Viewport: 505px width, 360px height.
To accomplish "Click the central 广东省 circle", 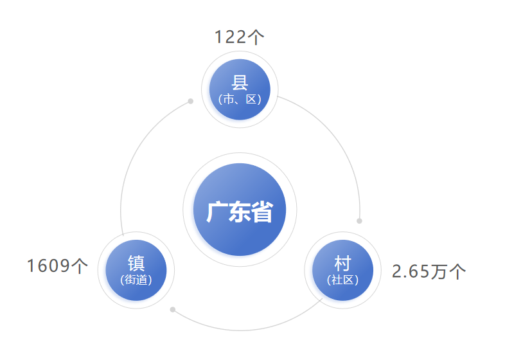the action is [x=240, y=210].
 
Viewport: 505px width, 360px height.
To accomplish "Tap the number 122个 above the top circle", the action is [x=239, y=37].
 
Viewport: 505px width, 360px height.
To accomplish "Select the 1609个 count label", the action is [x=57, y=266].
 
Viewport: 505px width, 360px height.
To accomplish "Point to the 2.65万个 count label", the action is [x=429, y=271].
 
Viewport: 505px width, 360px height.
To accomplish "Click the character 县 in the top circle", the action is [x=240, y=83].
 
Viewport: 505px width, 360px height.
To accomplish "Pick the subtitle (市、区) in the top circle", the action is [x=240, y=99].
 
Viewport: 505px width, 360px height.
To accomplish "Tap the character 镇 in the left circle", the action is [x=136, y=264].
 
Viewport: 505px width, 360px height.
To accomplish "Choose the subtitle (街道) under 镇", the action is [x=136, y=280].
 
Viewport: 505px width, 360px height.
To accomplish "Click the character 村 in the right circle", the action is [x=342, y=264].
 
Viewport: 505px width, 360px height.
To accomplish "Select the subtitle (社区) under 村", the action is [x=342, y=280].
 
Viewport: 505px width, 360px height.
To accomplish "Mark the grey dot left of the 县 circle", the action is [x=191, y=101].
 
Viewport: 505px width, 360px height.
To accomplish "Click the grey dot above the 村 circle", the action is [x=359, y=221].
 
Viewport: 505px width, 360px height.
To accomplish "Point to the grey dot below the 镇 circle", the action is [x=173, y=310].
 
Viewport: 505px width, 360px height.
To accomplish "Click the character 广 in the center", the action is [x=217, y=212].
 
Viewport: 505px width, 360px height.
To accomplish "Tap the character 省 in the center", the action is [x=262, y=212].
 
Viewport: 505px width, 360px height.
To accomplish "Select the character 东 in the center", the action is [x=240, y=212].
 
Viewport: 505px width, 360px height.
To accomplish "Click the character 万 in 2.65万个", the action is [x=439, y=271].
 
